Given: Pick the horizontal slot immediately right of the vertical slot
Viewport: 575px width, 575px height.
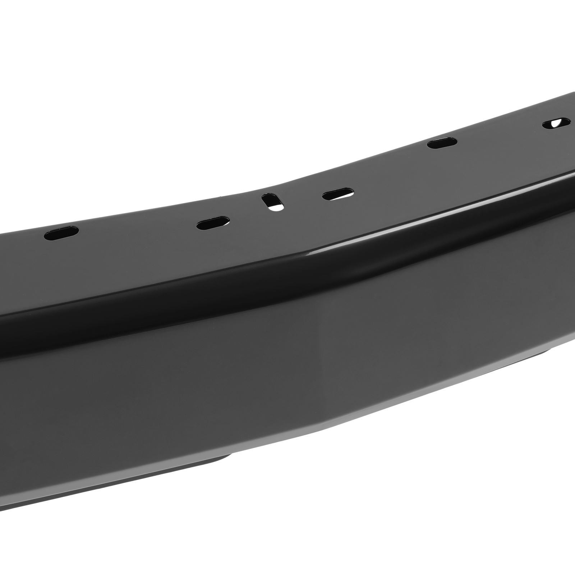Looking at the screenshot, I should point(337,195).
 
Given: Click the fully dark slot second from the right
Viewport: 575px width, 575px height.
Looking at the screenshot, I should point(441,144).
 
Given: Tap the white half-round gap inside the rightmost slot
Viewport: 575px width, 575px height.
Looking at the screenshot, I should point(558,133).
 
